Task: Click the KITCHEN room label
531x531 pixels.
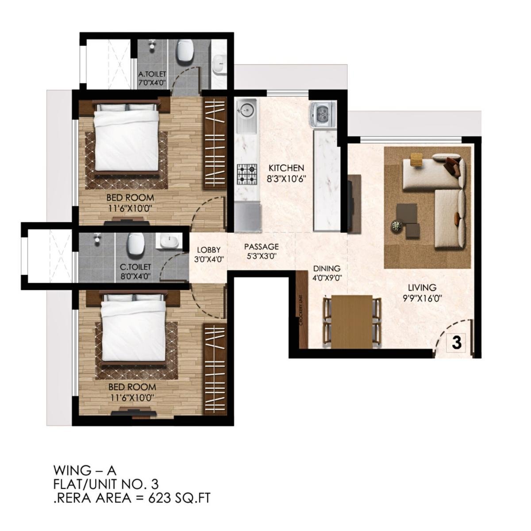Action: pos(287,168)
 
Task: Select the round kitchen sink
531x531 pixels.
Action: pos(246,108)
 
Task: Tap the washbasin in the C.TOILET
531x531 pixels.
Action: pos(169,242)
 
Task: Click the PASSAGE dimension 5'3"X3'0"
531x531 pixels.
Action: pos(261,256)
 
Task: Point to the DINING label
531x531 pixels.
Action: pos(327,269)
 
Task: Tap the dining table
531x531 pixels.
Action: pos(352,319)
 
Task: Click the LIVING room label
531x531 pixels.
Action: pos(422,288)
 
